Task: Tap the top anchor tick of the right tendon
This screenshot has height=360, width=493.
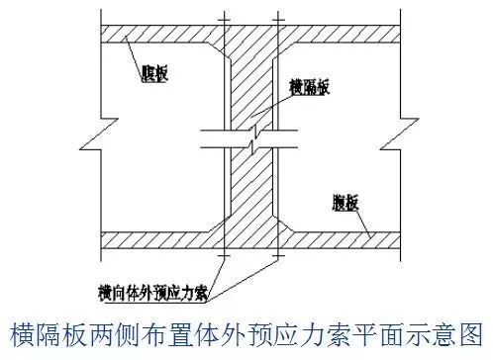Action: point(269,18)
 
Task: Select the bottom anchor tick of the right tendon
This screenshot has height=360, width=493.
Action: point(269,259)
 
